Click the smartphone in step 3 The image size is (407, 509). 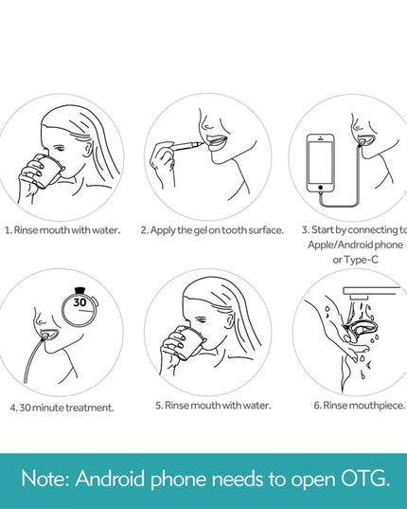(320, 163)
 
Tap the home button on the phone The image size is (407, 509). (320, 188)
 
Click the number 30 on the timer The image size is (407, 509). (80, 302)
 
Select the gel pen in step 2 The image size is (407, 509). (187, 145)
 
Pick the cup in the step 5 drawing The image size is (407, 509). (189, 343)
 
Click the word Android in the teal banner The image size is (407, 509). (110, 479)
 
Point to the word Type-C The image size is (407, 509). (361, 260)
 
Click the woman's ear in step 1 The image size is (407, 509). (87, 147)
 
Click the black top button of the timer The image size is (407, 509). (80, 290)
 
